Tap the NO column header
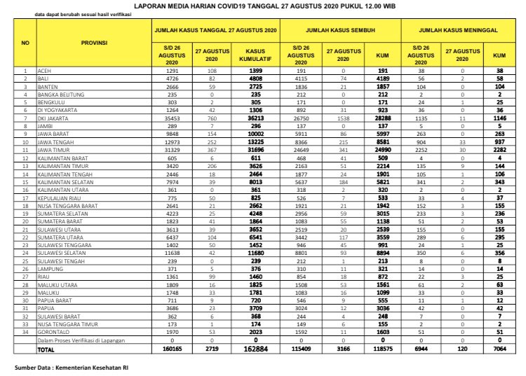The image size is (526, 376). pos(25,43)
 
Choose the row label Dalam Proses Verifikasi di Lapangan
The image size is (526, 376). pos(80,341)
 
